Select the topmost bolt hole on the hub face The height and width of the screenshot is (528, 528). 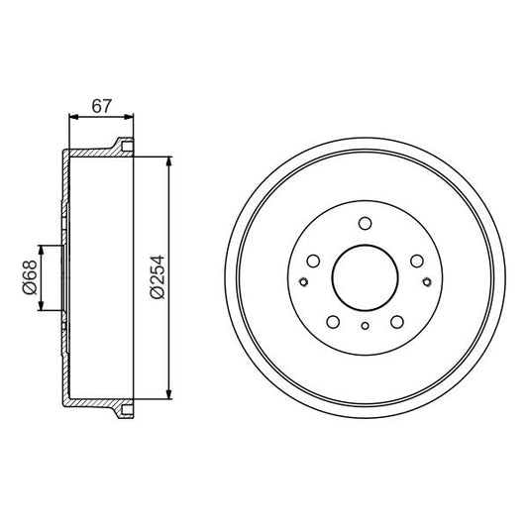pos(365,223)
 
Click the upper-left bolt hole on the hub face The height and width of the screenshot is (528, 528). pos(313,263)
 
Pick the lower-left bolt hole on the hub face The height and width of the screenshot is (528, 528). pos(333,322)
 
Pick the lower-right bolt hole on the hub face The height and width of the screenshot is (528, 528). pos(396,322)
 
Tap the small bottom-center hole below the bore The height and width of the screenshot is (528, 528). pos(365,327)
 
